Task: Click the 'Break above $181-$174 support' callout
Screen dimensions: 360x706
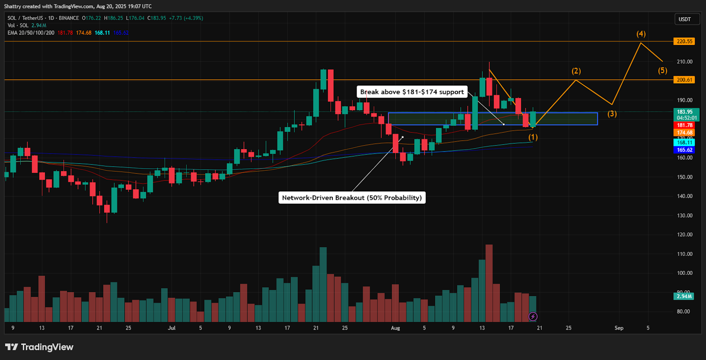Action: pyautogui.click(x=412, y=92)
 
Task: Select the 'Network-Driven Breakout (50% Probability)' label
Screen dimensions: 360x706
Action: pyautogui.click(x=352, y=198)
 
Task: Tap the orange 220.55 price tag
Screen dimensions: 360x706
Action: pyautogui.click(x=684, y=41)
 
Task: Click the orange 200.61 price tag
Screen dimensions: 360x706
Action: pyautogui.click(x=684, y=80)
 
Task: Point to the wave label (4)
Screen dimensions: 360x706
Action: pyautogui.click(x=641, y=34)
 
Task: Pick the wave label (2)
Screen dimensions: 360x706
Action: pyautogui.click(x=576, y=71)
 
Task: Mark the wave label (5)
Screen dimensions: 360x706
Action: pyautogui.click(x=662, y=71)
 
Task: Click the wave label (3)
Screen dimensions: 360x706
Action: pyautogui.click(x=612, y=114)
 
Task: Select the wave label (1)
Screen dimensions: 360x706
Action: pyautogui.click(x=533, y=137)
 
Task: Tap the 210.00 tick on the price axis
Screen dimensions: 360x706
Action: pyautogui.click(x=684, y=62)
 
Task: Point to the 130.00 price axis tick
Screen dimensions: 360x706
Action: pyautogui.click(x=684, y=216)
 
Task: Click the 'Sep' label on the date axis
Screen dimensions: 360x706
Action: pyautogui.click(x=619, y=328)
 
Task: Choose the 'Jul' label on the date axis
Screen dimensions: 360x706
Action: pyautogui.click(x=172, y=328)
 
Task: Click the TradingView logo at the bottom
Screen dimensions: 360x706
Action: pyautogui.click(x=39, y=347)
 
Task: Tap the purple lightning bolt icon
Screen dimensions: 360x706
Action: pyautogui.click(x=533, y=316)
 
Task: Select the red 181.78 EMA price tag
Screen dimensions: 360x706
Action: pyautogui.click(x=684, y=125)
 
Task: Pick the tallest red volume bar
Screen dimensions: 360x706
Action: pyautogui.click(x=489, y=283)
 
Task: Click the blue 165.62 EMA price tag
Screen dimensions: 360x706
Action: pyautogui.click(x=684, y=150)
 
